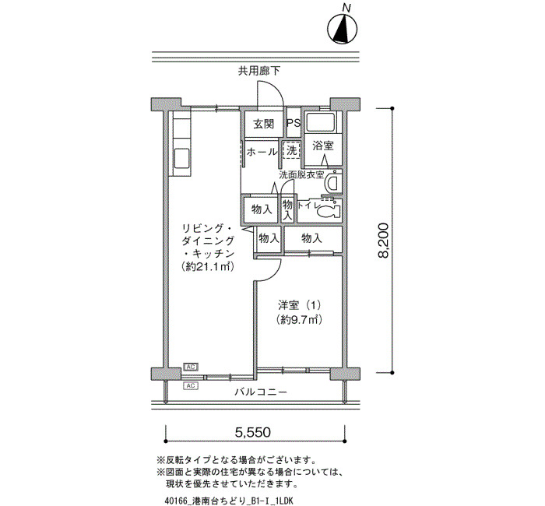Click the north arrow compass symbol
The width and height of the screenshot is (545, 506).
[x=343, y=29]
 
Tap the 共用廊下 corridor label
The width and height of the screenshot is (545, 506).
[x=259, y=72]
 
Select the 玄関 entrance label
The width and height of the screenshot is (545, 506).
[x=263, y=124]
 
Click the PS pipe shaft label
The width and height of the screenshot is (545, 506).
[x=294, y=123]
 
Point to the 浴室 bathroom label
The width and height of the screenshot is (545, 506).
[x=323, y=146]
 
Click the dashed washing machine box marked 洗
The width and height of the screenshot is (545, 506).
[x=292, y=150]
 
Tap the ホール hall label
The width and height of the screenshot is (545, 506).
[x=262, y=152]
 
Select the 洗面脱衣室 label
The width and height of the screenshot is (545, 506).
[x=301, y=175]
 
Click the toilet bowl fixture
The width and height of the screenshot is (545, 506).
[x=329, y=209]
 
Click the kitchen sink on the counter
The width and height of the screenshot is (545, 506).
[x=181, y=159]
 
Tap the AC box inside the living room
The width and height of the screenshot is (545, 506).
[x=191, y=367]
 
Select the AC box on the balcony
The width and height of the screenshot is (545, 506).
[x=191, y=385]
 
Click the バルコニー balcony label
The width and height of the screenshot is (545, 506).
[x=261, y=392]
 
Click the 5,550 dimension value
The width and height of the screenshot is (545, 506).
[x=253, y=432]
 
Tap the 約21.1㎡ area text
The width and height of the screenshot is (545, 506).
[x=207, y=267]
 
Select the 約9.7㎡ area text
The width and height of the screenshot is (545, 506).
[x=299, y=319]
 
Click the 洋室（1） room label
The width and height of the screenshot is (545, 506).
[x=299, y=305]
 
